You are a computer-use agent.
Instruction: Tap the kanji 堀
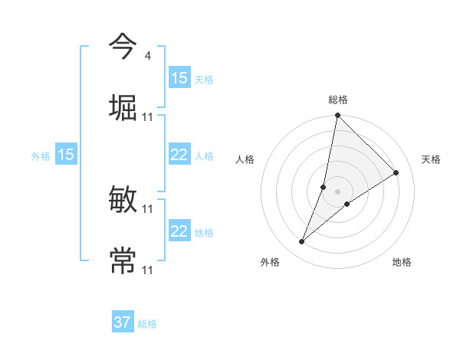[123, 106]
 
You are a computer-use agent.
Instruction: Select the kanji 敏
[123, 201]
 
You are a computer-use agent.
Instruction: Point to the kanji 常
[123, 260]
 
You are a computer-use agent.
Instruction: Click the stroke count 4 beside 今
[147, 56]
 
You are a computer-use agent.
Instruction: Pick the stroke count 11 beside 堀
[148, 116]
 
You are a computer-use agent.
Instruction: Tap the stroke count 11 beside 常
[148, 270]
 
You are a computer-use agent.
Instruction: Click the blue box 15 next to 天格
[179, 78]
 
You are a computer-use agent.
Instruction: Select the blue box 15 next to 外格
[66, 155]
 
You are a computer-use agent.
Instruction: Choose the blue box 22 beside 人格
[179, 155]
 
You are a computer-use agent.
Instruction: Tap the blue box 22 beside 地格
[179, 231]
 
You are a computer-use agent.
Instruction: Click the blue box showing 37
[123, 322]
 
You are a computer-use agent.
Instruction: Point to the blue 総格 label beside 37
[147, 324]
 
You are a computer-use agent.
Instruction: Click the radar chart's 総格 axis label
[338, 100]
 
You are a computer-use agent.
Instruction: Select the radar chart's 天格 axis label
[431, 159]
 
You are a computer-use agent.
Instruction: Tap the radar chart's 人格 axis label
[245, 159]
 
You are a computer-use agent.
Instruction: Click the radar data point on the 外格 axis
[302, 242]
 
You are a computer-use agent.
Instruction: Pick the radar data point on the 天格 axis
[396, 172]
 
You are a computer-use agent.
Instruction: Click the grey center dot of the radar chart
[338, 191]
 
